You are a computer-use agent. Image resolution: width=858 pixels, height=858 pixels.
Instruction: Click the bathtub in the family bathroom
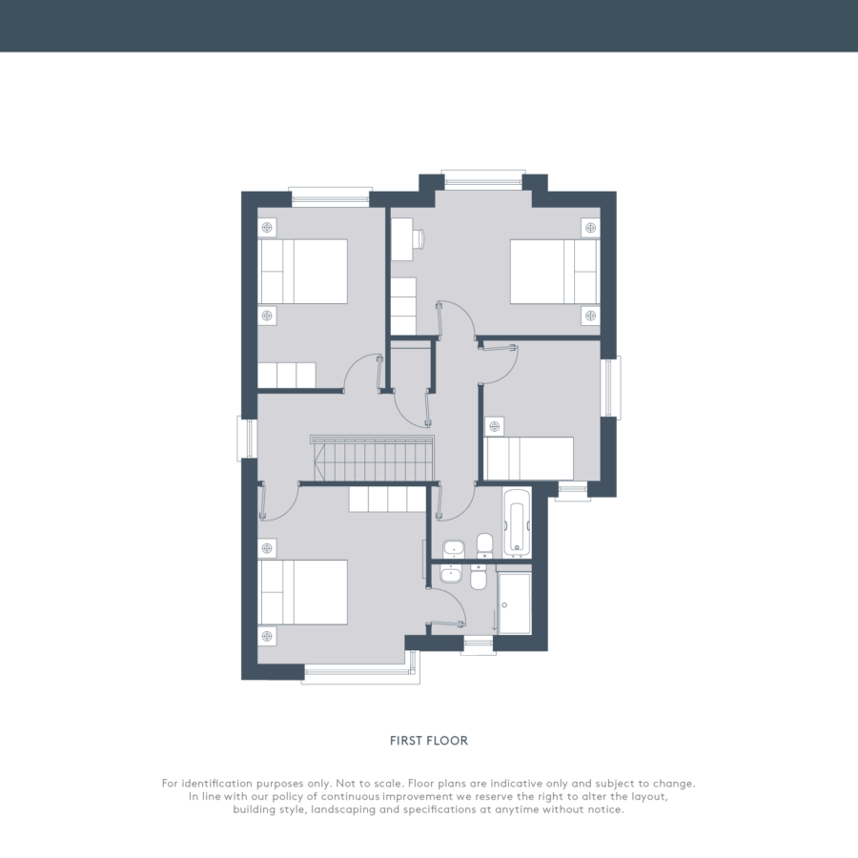pos(517,521)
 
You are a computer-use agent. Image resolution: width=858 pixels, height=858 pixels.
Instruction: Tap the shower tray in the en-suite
pos(515,603)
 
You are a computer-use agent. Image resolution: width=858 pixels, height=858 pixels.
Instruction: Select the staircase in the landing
pos(372,458)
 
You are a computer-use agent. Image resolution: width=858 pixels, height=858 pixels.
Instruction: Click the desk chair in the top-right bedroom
pos(419,238)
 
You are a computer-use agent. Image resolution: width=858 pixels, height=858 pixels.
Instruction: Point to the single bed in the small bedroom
pos(529,459)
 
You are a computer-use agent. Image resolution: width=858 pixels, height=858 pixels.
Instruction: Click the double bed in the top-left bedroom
pos(302,271)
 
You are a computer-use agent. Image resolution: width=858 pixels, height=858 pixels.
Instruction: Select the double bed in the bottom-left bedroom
pos(302,592)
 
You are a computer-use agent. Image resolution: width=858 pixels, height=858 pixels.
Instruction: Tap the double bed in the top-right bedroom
pos(555,271)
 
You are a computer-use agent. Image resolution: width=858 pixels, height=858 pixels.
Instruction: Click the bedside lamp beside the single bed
pos(494,426)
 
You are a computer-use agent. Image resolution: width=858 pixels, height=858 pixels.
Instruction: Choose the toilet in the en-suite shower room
pos(479,578)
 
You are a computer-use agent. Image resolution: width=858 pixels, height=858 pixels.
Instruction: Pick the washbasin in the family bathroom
pos(453,548)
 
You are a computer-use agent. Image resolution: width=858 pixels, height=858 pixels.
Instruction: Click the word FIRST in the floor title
pos(406,741)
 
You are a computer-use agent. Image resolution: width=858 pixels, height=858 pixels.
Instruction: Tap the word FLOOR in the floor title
pos(448,741)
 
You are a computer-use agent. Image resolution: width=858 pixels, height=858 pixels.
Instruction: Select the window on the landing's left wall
pos(247,438)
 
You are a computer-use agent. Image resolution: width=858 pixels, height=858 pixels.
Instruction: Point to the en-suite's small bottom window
pos(479,645)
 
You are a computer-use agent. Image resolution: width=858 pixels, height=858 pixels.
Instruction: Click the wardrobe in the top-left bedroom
pos(287,376)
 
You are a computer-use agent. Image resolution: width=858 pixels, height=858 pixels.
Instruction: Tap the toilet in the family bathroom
pos(484,546)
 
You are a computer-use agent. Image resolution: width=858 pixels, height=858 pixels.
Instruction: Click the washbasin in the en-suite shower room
pos(452,574)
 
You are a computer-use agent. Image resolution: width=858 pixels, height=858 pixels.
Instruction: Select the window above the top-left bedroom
pos(330,197)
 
